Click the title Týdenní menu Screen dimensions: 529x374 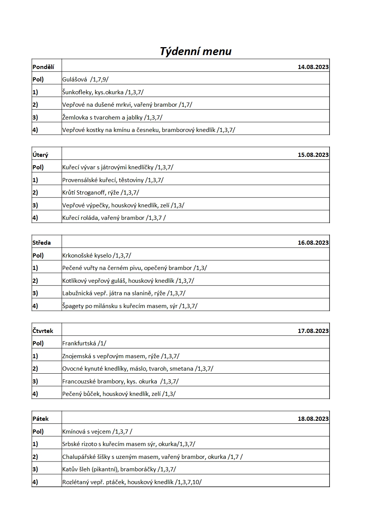(x=195, y=51)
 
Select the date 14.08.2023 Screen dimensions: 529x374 (x=313, y=67)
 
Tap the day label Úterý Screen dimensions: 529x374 (x=40, y=155)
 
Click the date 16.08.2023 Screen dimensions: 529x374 (x=313, y=243)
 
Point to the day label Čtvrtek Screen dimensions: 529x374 (x=43, y=331)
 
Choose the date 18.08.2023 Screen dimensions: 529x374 (x=313, y=419)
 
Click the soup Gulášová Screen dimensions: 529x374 (x=75, y=80)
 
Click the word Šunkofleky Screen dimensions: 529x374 (x=77, y=92)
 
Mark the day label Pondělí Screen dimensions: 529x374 (x=43, y=67)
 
